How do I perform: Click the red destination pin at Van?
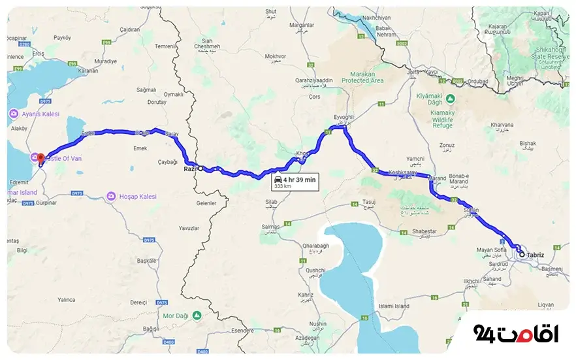click(40, 157)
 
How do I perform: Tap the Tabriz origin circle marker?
click(521, 254)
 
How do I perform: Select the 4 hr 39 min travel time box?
click(295, 182)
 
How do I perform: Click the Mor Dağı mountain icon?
click(197, 316)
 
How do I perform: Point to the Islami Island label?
click(394, 306)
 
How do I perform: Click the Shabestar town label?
click(425, 232)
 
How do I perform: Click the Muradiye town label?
click(104, 61)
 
